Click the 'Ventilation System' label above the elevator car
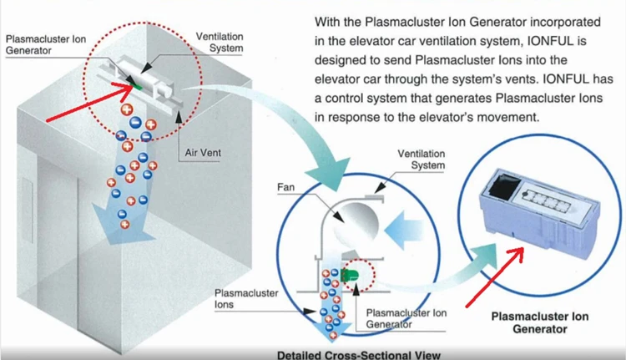(220, 43)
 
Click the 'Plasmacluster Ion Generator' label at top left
(43, 43)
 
